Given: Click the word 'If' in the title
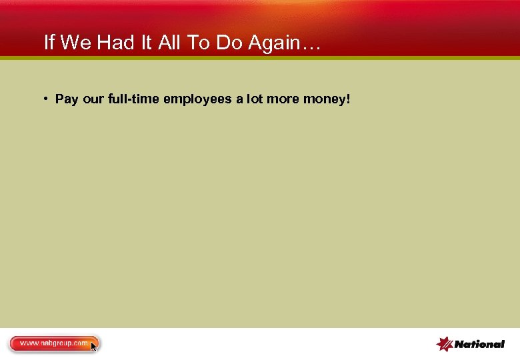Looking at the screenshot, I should tap(49, 43).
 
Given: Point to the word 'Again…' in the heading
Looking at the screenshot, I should tap(285, 43).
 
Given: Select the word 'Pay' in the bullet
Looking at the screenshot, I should tap(67, 99).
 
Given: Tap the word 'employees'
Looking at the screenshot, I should tap(197, 99).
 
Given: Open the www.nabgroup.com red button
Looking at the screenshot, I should tap(53, 343).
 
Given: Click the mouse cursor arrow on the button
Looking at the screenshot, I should tap(94, 347).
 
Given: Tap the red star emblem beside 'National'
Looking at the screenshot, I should tap(445, 343).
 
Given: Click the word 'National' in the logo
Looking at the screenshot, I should tap(479, 344).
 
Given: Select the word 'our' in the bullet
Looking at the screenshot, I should tap(94, 99).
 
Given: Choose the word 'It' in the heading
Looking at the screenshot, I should tap(145, 43).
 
